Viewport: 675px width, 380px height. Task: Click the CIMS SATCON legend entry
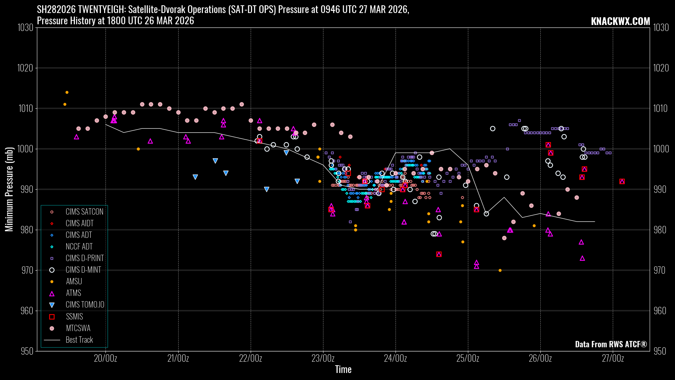pyautogui.click(x=84, y=212)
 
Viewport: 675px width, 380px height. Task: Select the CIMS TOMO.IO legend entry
pyautogui.click(x=85, y=305)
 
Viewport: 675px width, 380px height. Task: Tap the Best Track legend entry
pyautogui.click(x=79, y=340)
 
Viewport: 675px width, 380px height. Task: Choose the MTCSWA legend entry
pyautogui.click(x=78, y=328)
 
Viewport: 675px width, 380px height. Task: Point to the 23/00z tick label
pyautogui.click(x=323, y=359)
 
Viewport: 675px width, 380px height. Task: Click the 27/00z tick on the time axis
pyautogui.click(x=613, y=359)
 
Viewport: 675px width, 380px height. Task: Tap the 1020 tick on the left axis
pyautogui.click(x=25, y=68)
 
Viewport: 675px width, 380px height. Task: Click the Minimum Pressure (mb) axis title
pyautogui.click(x=9, y=189)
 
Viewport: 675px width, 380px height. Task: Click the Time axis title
pyautogui.click(x=343, y=369)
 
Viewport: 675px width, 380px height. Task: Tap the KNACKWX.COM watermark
pyautogui.click(x=620, y=21)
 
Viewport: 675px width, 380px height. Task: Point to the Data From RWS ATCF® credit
pyautogui.click(x=611, y=344)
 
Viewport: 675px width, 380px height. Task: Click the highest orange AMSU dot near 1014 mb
pyautogui.click(x=67, y=93)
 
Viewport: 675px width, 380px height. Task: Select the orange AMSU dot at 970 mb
pyautogui.click(x=500, y=271)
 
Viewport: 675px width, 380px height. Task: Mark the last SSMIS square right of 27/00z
pyautogui.click(x=622, y=182)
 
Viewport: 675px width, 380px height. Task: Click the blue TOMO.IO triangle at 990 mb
pyautogui.click(x=266, y=189)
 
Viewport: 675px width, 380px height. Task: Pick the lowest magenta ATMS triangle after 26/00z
pyautogui.click(x=582, y=258)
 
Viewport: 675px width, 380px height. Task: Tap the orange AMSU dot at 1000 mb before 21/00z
pyautogui.click(x=138, y=149)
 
